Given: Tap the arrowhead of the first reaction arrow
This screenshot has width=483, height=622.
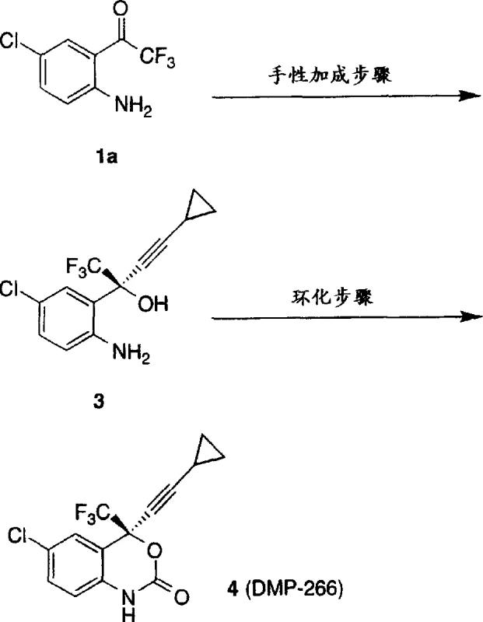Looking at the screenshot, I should click(467, 96).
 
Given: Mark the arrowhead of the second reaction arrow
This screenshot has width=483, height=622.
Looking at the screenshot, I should click(467, 316).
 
